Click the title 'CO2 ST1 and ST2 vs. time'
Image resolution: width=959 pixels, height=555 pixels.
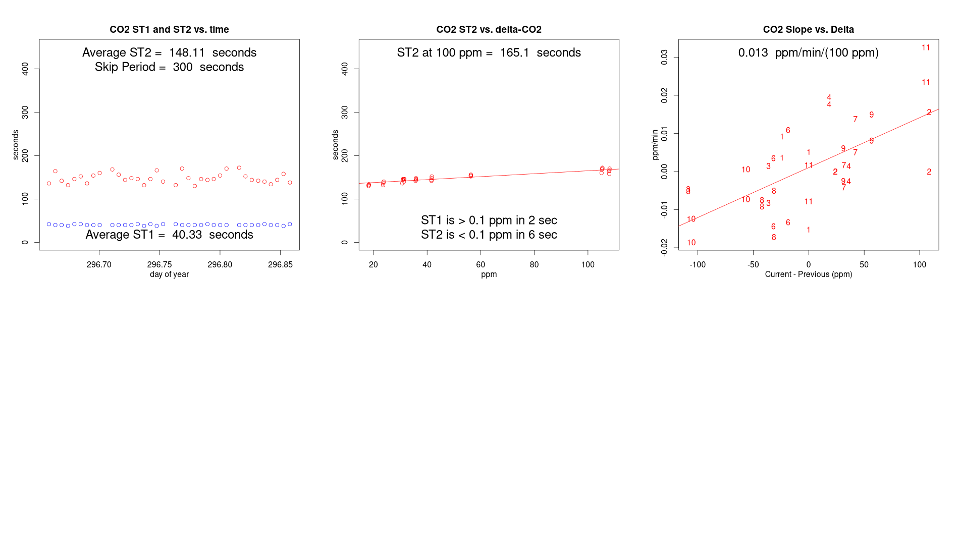(169, 30)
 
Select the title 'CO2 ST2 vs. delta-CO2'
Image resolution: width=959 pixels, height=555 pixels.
(489, 30)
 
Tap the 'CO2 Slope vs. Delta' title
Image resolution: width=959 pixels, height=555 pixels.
(808, 30)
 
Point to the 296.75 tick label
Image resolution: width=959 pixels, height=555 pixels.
(159, 265)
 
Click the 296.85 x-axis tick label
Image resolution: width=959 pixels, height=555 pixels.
(280, 265)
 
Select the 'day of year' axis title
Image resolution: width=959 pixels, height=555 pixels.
(169, 274)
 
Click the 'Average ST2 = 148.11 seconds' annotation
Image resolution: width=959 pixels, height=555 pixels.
(169, 52)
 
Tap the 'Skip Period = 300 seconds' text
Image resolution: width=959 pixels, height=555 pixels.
(169, 67)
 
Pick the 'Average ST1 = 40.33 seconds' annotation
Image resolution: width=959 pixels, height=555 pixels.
(169, 235)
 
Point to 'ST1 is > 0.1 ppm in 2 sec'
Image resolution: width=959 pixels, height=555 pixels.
(489, 220)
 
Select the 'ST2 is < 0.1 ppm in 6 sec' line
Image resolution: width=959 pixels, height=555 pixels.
(489, 235)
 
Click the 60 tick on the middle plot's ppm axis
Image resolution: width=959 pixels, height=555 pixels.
(481, 265)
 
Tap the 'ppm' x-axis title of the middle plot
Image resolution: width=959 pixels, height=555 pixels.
(489, 274)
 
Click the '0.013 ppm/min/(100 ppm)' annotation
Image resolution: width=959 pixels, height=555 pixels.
(808, 52)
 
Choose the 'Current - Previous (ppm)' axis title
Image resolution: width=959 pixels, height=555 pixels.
(808, 274)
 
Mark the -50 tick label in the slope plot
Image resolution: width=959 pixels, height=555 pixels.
(753, 265)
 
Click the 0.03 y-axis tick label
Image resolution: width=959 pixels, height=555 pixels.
(664, 57)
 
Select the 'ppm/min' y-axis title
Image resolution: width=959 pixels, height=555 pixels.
(655, 145)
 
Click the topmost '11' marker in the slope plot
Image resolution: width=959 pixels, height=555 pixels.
(926, 47)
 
